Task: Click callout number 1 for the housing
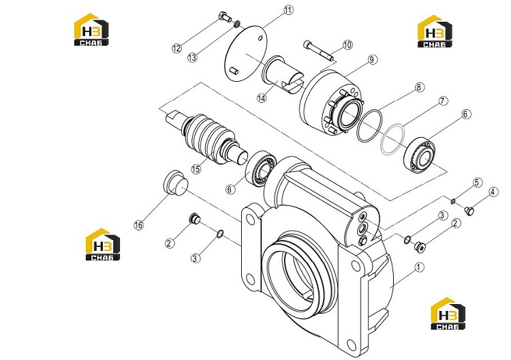point(420,267)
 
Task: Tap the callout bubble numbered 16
point(139,225)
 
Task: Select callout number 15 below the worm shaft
point(196,169)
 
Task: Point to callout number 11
point(288,10)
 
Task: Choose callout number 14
point(262,97)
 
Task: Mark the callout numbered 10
point(347,44)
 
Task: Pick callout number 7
point(443,101)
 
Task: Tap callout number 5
point(478,182)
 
